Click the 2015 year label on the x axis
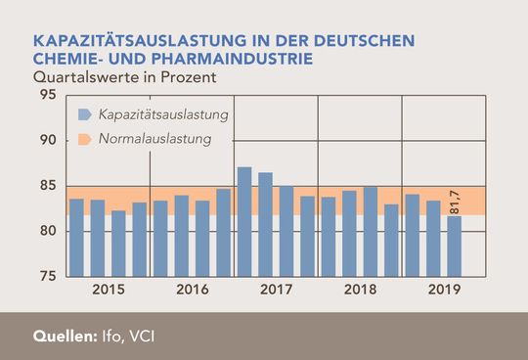(108, 291)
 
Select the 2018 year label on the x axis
(361, 291)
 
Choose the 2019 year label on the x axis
(445, 291)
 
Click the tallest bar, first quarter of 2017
(244, 221)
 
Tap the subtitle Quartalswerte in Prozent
(124, 74)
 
